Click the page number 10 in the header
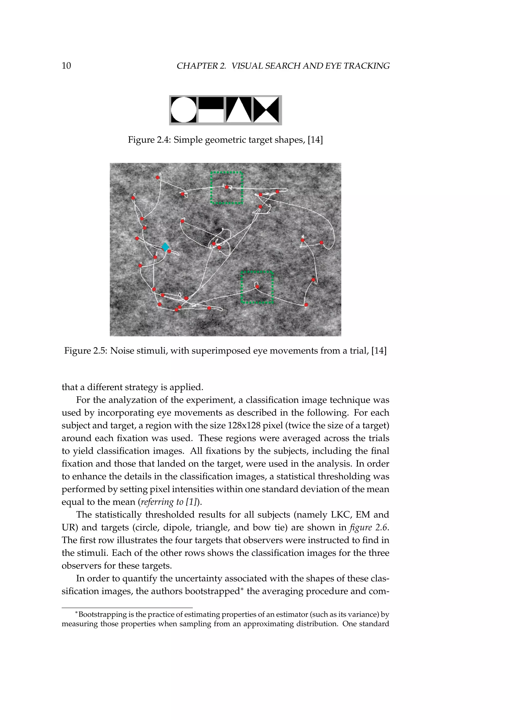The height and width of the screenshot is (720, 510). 66,66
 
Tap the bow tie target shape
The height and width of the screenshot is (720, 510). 266,110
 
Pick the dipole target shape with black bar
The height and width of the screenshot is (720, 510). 211,110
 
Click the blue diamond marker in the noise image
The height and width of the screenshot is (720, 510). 165,247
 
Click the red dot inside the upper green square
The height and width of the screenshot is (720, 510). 227,187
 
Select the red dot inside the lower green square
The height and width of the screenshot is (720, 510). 257,286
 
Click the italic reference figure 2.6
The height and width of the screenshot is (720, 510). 369,528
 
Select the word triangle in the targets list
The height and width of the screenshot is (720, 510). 213,528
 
